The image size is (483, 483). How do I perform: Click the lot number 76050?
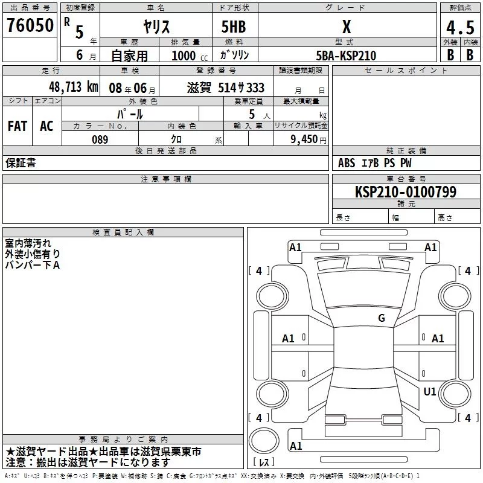(30, 25)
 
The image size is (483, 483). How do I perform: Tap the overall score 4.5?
(460, 27)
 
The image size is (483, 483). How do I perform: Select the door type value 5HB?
(234, 27)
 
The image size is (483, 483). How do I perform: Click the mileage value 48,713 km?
(73, 87)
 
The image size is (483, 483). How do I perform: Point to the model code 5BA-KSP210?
(346, 56)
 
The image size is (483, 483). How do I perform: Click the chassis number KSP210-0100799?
(406, 191)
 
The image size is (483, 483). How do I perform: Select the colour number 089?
(100, 139)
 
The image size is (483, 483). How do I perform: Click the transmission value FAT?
(18, 126)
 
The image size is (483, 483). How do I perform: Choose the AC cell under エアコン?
(46, 126)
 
